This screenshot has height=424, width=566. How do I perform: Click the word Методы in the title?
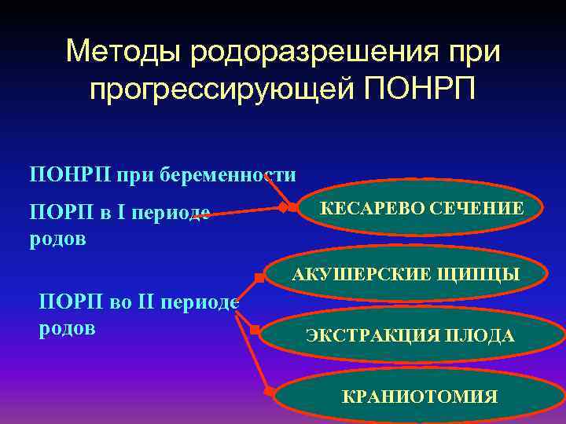pyautogui.click(x=119, y=52)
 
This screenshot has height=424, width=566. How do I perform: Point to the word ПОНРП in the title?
pyautogui.click(x=417, y=89)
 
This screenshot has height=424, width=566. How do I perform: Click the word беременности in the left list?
pyautogui.click(x=228, y=174)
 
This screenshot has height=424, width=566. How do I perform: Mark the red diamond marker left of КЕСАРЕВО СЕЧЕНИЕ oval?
pyautogui.click(x=281, y=208)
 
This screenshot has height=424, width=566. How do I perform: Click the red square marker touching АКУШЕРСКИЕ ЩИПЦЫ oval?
pyautogui.click(x=259, y=276)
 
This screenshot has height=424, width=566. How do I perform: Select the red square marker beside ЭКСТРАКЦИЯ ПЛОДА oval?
pyautogui.click(x=255, y=331)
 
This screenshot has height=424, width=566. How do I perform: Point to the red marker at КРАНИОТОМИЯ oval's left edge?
pyautogui.click(x=269, y=389)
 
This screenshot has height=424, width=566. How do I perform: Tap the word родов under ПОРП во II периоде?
pyautogui.click(x=67, y=327)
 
